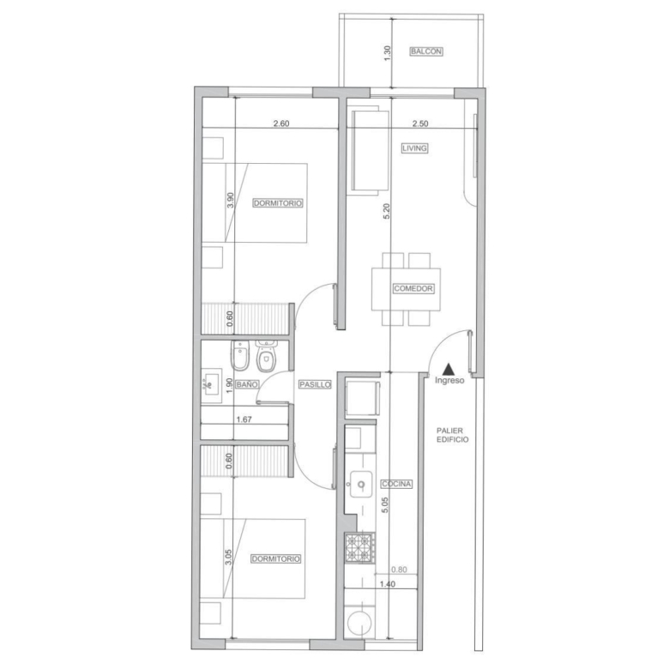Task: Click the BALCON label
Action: [x=426, y=51]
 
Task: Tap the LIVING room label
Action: [x=414, y=148]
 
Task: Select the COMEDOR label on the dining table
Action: [x=413, y=288]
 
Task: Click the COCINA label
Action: [x=397, y=484]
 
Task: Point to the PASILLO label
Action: [x=315, y=384]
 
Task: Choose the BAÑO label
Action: [x=247, y=384]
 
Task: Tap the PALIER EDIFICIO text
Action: [x=452, y=435]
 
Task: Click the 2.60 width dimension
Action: [x=281, y=124]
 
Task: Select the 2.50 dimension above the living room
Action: [x=420, y=124]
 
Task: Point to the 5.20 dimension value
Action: [x=386, y=211]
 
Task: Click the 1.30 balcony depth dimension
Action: [x=388, y=53]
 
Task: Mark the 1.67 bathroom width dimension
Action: [x=244, y=419]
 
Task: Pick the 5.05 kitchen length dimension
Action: [x=385, y=504]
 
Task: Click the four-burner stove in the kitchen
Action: [x=360, y=548]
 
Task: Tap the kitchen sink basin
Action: [x=360, y=485]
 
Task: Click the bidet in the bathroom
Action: [x=240, y=356]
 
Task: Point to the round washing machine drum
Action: [x=359, y=623]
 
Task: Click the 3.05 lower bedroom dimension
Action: [x=228, y=557]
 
